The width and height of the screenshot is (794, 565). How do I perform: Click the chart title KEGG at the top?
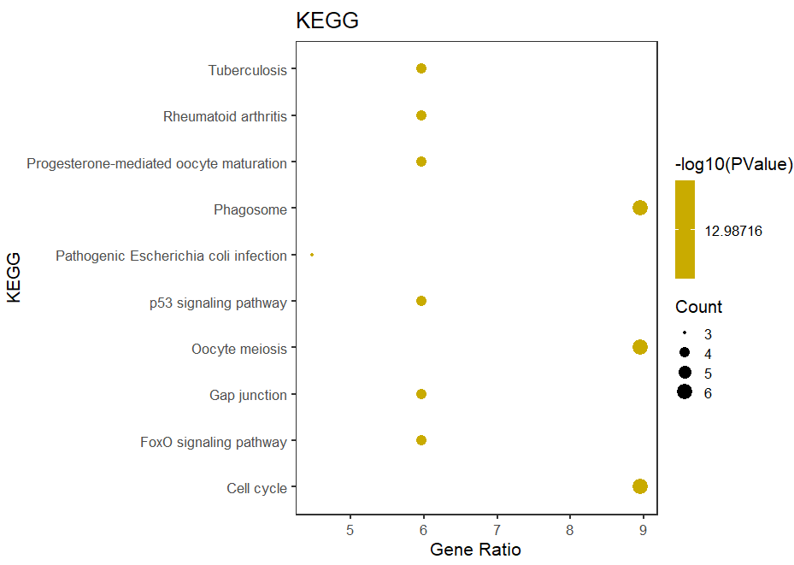click(x=326, y=21)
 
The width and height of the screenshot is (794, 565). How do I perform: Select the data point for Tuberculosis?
click(x=421, y=68)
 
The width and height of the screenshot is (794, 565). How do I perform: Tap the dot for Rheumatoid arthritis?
click(x=421, y=115)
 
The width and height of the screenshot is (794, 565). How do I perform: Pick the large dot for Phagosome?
click(x=639, y=208)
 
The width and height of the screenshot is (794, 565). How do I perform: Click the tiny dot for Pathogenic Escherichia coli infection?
click(x=312, y=255)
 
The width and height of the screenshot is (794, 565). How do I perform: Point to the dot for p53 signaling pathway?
click(x=421, y=301)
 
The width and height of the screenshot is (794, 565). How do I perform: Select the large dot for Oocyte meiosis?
click(x=639, y=347)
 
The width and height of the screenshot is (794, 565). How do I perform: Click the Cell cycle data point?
click(x=639, y=486)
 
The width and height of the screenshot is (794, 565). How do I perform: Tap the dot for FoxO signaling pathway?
click(x=421, y=440)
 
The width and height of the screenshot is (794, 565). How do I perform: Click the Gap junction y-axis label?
click(x=248, y=395)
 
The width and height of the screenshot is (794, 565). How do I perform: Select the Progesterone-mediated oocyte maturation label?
click(x=156, y=162)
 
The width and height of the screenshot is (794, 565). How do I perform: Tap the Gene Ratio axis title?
click(x=475, y=550)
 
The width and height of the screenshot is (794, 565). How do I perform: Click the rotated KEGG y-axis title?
click(x=15, y=277)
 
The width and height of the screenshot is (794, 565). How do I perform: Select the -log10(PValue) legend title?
click(x=733, y=163)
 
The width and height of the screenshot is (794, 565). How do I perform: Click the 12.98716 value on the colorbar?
click(x=732, y=231)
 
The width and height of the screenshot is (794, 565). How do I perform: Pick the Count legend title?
click(x=698, y=307)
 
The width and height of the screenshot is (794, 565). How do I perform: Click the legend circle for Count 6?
click(x=685, y=393)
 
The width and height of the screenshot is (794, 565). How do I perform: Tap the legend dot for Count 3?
click(x=685, y=333)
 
